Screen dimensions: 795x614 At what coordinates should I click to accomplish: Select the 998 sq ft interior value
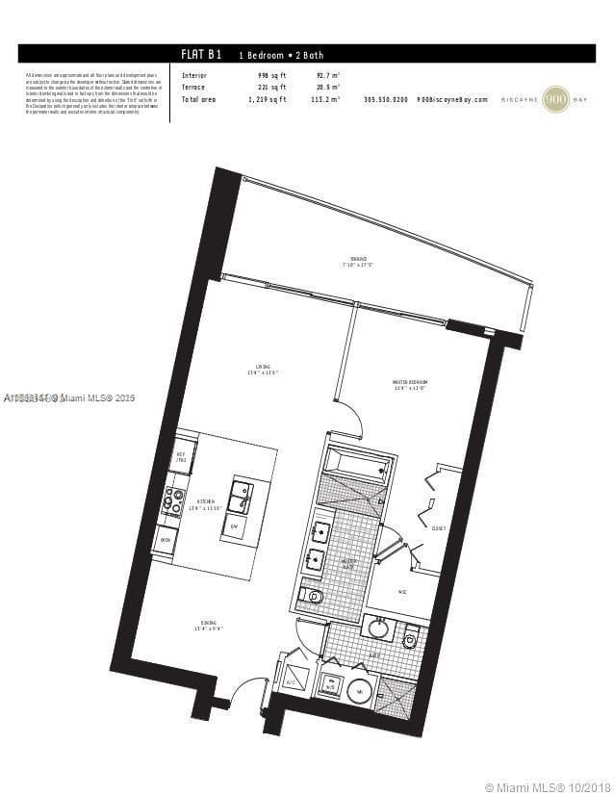(271, 74)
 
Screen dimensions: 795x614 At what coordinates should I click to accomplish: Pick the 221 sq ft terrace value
(271, 87)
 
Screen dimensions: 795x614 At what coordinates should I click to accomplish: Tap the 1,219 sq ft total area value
(269, 99)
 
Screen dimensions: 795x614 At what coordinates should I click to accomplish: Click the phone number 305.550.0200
(385, 99)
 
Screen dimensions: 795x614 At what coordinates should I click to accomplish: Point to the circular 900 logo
(556, 99)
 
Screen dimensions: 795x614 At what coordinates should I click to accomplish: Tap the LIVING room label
(261, 368)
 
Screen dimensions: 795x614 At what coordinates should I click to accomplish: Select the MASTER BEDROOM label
(409, 384)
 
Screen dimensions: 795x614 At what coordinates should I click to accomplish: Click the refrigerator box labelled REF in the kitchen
(181, 458)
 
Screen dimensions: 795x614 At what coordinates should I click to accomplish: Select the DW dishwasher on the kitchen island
(234, 527)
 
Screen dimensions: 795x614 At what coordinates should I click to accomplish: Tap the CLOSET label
(438, 528)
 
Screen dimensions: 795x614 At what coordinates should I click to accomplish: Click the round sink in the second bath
(378, 629)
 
